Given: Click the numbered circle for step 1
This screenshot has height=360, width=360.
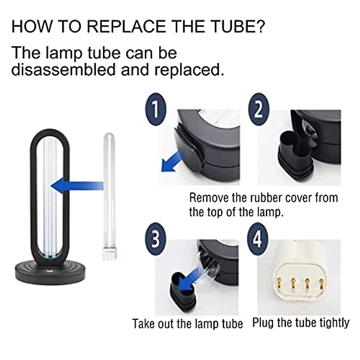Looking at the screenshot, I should tap(155, 109).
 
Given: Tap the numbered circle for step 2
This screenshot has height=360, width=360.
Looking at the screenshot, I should tap(259, 109).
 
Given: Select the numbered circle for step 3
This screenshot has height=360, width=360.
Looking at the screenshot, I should tap(155, 239).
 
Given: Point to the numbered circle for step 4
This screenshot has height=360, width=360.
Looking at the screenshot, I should tap(259, 239).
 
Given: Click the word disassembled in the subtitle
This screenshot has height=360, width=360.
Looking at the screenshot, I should tap(63, 70).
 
